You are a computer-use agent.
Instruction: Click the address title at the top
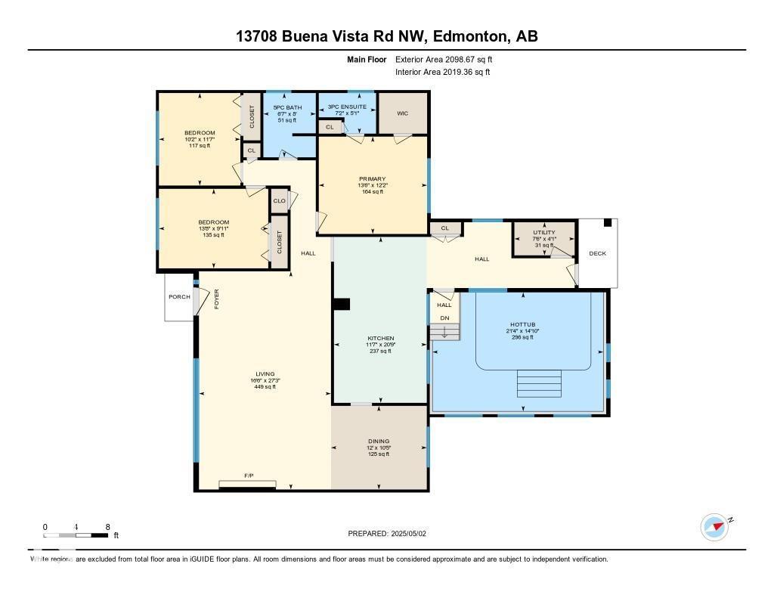click(x=386, y=36)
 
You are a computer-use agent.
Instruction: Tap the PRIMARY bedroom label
click(x=372, y=179)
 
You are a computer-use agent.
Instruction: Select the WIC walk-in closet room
click(x=402, y=113)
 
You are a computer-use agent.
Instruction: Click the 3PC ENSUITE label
click(x=347, y=107)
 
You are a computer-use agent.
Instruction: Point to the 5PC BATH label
click(x=287, y=107)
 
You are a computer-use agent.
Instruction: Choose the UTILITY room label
click(x=543, y=233)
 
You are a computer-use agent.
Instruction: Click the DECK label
click(x=597, y=254)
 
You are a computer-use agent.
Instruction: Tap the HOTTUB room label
click(x=522, y=325)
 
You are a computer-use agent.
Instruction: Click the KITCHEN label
click(x=381, y=338)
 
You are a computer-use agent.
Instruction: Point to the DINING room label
click(x=379, y=442)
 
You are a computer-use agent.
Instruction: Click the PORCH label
click(x=179, y=296)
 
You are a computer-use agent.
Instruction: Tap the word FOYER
click(x=216, y=299)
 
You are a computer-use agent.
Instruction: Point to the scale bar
click(x=76, y=535)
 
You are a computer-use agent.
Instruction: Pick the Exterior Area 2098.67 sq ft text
click(x=443, y=59)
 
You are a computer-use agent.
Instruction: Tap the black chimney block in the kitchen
click(x=342, y=304)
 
